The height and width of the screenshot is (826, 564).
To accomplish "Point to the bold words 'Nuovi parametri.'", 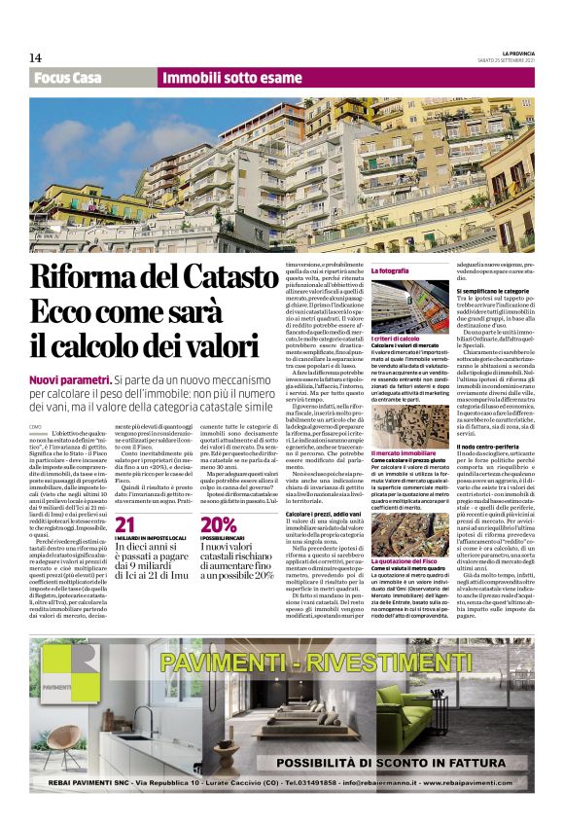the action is (69, 377).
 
